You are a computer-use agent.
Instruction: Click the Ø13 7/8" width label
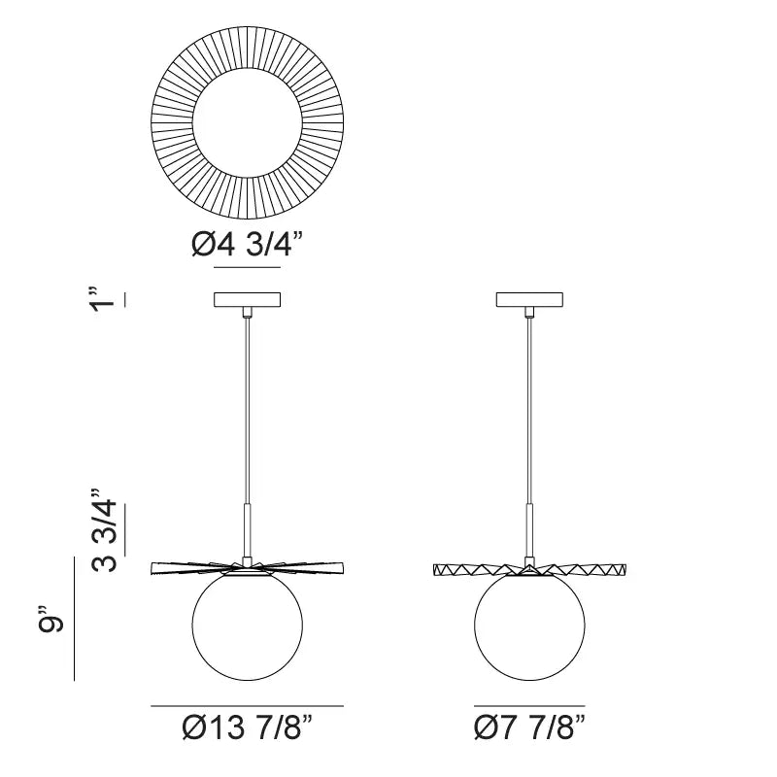[248, 727]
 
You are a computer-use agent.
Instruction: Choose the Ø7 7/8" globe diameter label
[529, 727]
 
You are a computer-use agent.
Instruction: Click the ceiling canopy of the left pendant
[248, 300]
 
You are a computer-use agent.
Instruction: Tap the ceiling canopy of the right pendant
[529, 300]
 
